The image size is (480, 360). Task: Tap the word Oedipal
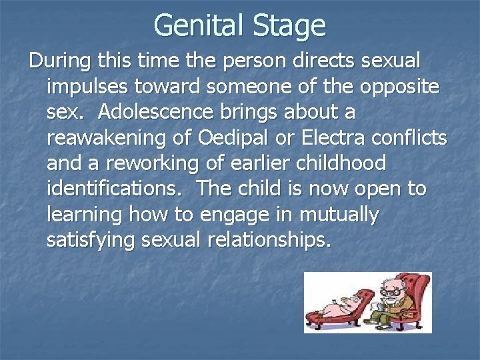(x=233, y=139)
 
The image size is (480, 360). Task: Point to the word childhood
(x=347, y=164)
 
